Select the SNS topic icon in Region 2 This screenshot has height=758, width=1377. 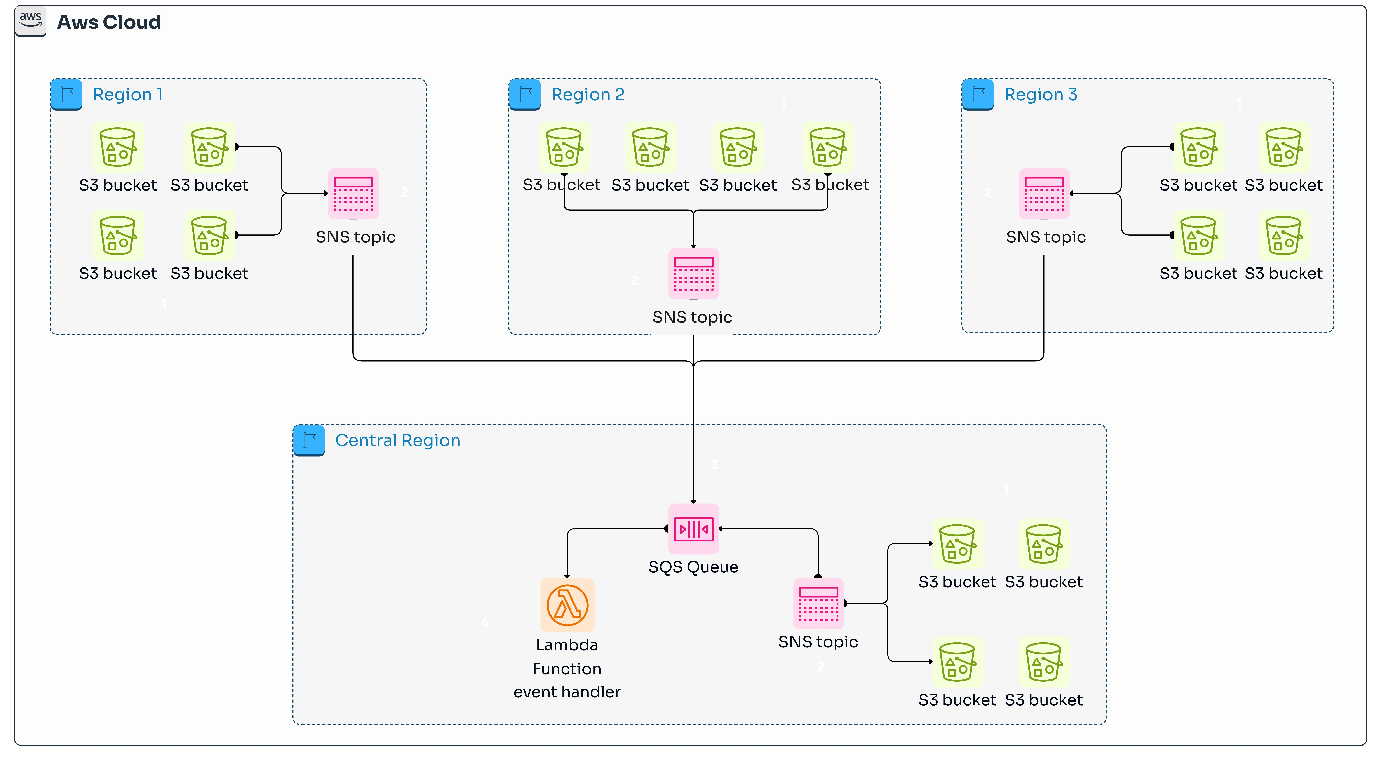[x=693, y=274]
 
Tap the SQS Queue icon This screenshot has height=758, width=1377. [x=693, y=529]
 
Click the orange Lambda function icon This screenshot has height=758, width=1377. [x=567, y=605]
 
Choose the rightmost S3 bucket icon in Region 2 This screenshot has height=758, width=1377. [x=827, y=147]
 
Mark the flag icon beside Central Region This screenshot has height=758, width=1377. [x=309, y=440]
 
